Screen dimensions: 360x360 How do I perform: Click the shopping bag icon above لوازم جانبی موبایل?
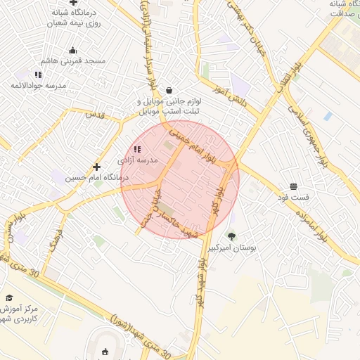[169, 90]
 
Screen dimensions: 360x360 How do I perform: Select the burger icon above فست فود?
[293, 186]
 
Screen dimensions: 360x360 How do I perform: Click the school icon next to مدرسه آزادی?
[136, 149]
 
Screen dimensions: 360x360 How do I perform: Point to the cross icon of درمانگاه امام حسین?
[96, 167]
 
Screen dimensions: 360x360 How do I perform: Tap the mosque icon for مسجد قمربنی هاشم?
[72, 50]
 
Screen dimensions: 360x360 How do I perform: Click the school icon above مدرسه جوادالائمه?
[38, 74]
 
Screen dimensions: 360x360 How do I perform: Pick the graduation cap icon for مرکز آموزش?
[9, 297]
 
